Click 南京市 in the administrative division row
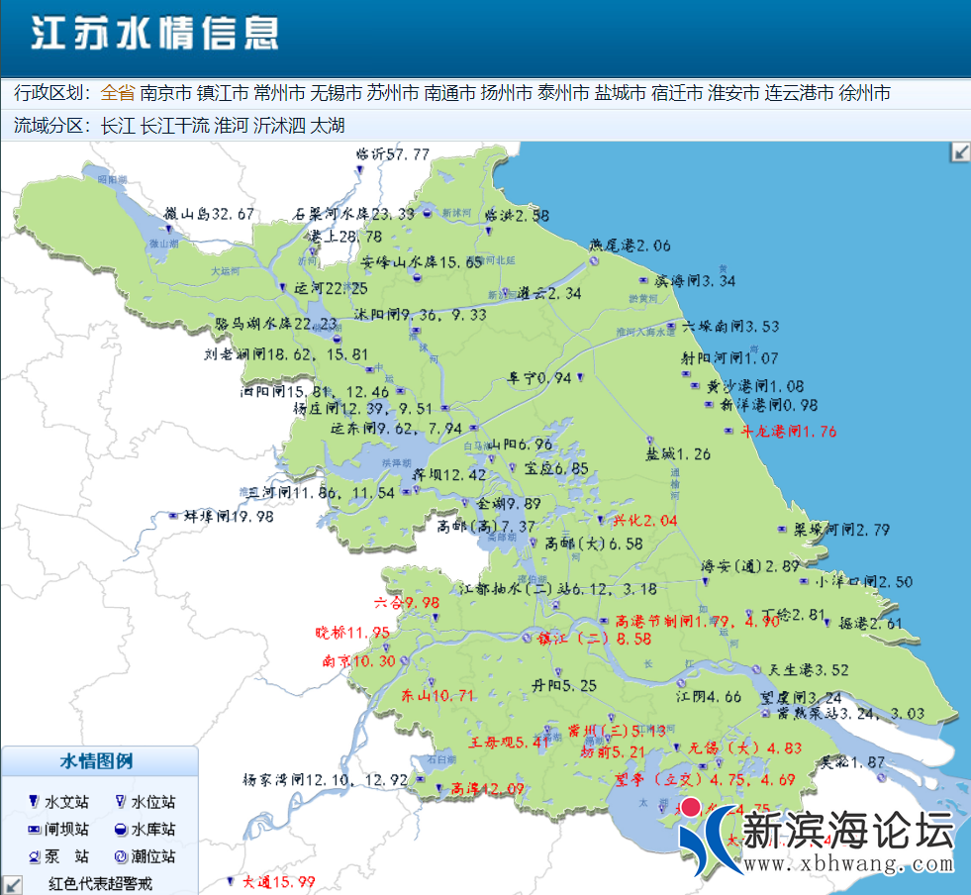point(165,94)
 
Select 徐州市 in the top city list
point(864,94)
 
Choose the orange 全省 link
point(117,94)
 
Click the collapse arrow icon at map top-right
point(959,151)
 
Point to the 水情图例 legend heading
point(97,761)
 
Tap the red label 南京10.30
point(358,661)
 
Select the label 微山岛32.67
point(210,214)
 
